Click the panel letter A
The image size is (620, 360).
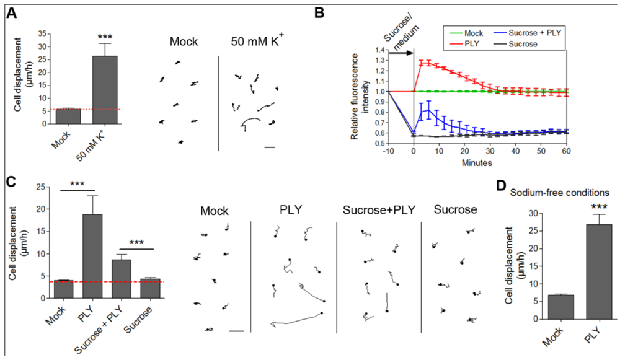(12, 13)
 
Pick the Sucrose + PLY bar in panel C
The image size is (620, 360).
(121, 278)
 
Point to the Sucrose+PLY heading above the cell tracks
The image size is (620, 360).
(378, 211)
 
